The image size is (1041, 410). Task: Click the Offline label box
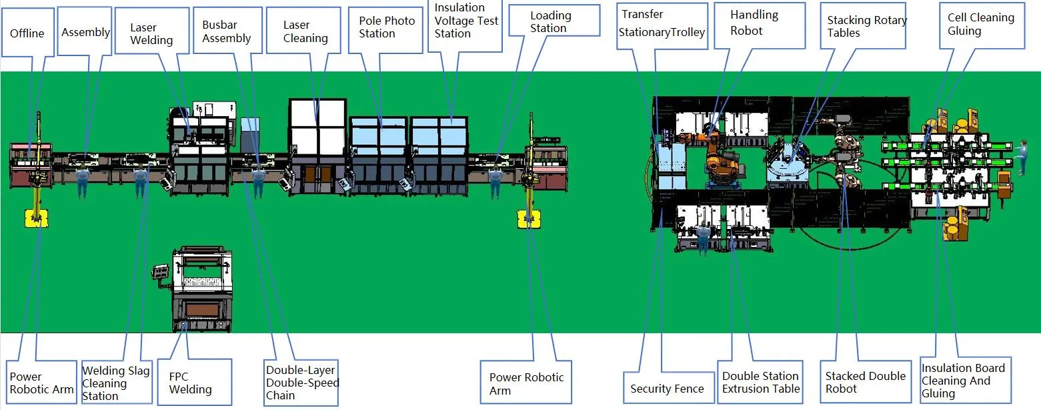click(27, 33)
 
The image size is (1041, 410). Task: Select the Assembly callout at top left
click(85, 32)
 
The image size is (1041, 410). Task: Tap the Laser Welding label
click(151, 33)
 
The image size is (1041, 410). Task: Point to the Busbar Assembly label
click(227, 32)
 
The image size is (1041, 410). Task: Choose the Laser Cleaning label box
click(305, 31)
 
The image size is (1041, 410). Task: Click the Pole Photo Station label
click(386, 27)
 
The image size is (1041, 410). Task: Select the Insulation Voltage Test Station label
click(466, 21)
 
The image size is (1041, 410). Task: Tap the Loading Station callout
click(550, 22)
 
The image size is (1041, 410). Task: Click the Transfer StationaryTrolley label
click(662, 24)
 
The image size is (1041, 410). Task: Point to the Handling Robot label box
click(754, 23)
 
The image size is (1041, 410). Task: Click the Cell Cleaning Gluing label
click(981, 25)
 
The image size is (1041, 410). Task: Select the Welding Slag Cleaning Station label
click(116, 383)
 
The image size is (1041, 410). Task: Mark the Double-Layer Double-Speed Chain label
click(302, 383)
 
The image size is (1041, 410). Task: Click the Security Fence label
click(667, 389)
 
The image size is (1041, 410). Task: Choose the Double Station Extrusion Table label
click(760, 382)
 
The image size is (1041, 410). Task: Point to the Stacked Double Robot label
click(865, 382)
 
